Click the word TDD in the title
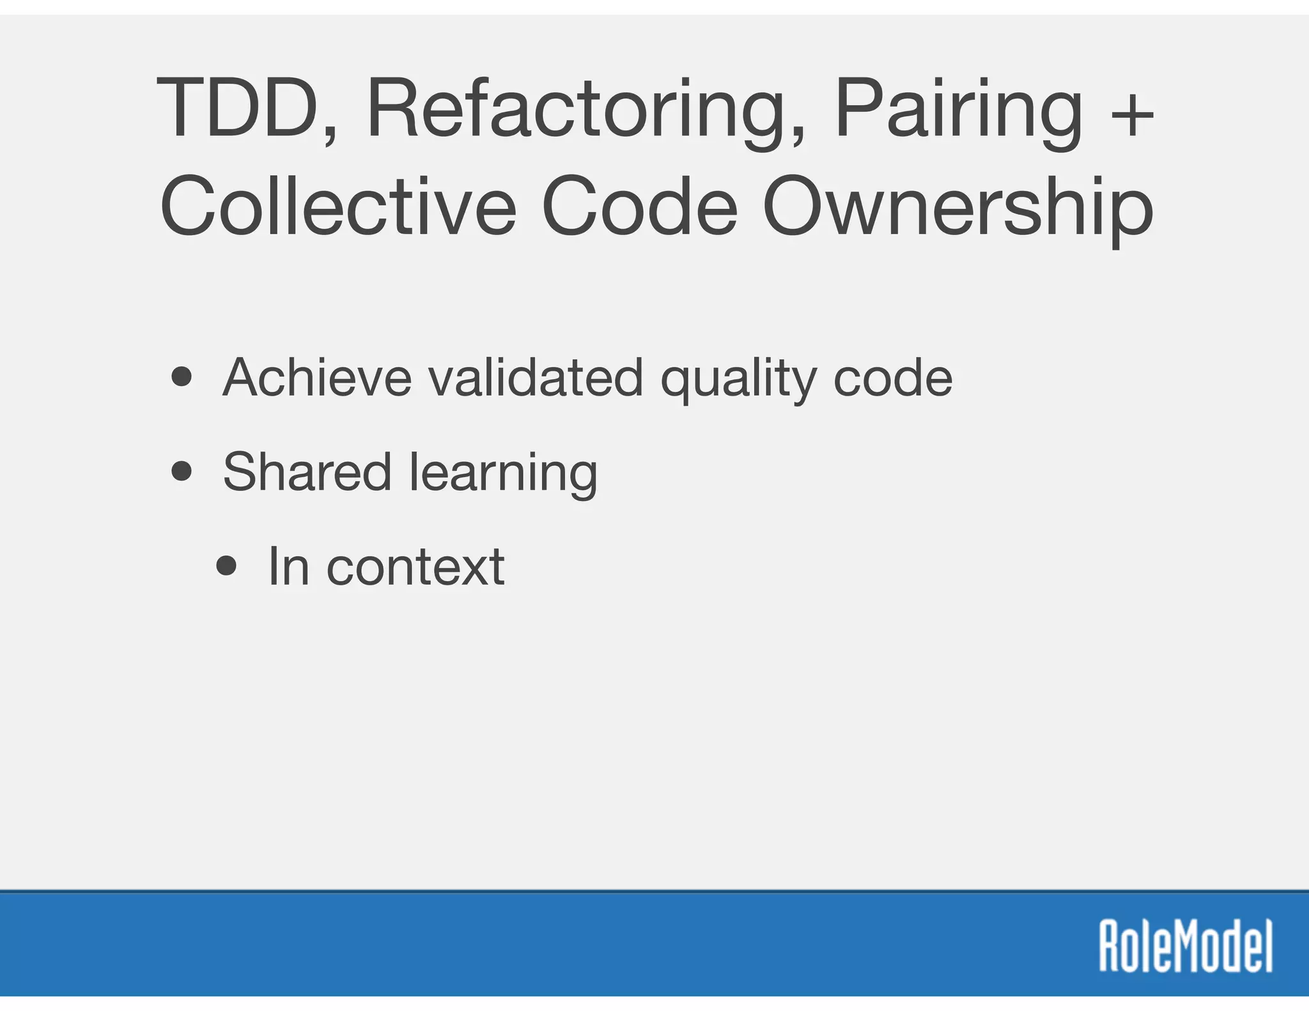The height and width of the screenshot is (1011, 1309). tap(238, 109)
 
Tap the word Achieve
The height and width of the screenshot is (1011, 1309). tap(317, 378)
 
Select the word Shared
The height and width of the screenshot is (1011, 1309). tap(307, 472)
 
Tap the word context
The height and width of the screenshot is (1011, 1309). tap(415, 567)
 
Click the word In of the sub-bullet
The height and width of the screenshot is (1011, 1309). tap(288, 566)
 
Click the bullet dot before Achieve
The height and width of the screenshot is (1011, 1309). tap(182, 377)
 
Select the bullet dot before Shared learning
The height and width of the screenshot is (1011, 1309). tap(182, 472)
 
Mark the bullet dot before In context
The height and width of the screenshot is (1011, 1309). tap(226, 566)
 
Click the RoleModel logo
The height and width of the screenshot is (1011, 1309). tap(1186, 946)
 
